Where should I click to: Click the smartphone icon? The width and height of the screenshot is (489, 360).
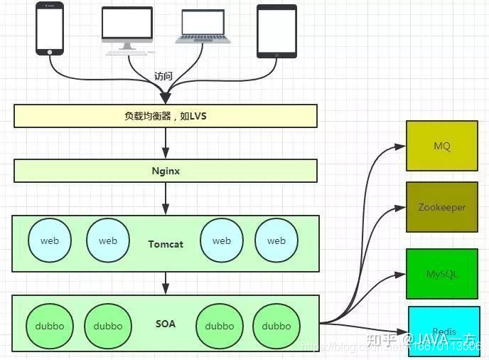pyautogui.click(x=50, y=28)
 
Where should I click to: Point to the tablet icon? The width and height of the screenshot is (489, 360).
pyautogui.click(x=276, y=31)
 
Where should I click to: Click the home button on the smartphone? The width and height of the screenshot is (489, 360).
pyautogui.click(x=50, y=51)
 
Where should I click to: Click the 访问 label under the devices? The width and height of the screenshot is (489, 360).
pyautogui.click(x=164, y=76)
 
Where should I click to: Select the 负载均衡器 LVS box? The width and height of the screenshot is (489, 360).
pyautogui.click(x=165, y=115)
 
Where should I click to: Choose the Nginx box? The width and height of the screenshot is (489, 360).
pyautogui.click(x=165, y=171)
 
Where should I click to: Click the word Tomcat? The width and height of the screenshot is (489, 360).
pyautogui.click(x=166, y=243)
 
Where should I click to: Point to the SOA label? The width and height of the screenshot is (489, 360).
pyautogui.click(x=166, y=324)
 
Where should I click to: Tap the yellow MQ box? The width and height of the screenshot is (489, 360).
pyautogui.click(x=442, y=146)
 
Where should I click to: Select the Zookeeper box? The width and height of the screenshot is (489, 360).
pyautogui.click(x=442, y=207)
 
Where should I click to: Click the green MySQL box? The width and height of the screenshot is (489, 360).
pyautogui.click(x=442, y=273)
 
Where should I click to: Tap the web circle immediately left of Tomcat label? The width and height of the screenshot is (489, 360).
pyautogui.click(x=108, y=240)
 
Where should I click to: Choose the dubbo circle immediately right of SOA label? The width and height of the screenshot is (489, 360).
pyautogui.click(x=219, y=326)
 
